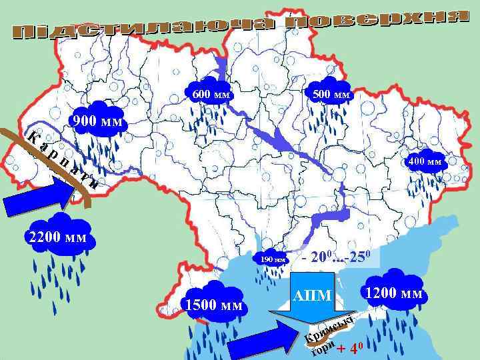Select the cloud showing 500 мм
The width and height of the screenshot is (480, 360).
click(331, 94)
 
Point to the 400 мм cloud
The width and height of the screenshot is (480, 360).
click(425, 160)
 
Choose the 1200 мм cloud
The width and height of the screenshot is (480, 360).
click(393, 291)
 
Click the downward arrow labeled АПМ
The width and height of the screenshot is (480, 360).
click(312, 299)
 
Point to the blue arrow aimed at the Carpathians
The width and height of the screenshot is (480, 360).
click(41, 197)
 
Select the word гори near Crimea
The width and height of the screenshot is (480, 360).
click(322, 349)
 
